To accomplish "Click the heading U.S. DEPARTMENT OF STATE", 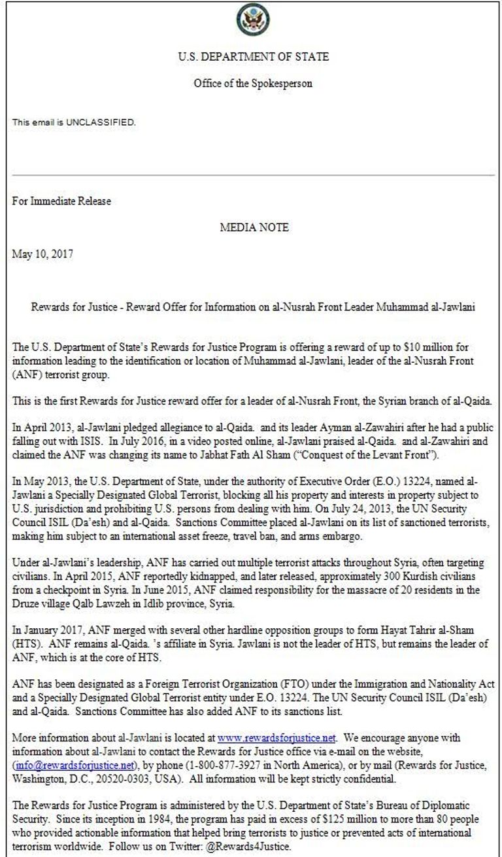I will (253, 57).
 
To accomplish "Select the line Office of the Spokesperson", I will (252, 83).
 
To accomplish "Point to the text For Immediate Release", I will (61, 201).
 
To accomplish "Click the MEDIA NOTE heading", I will (254, 227).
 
